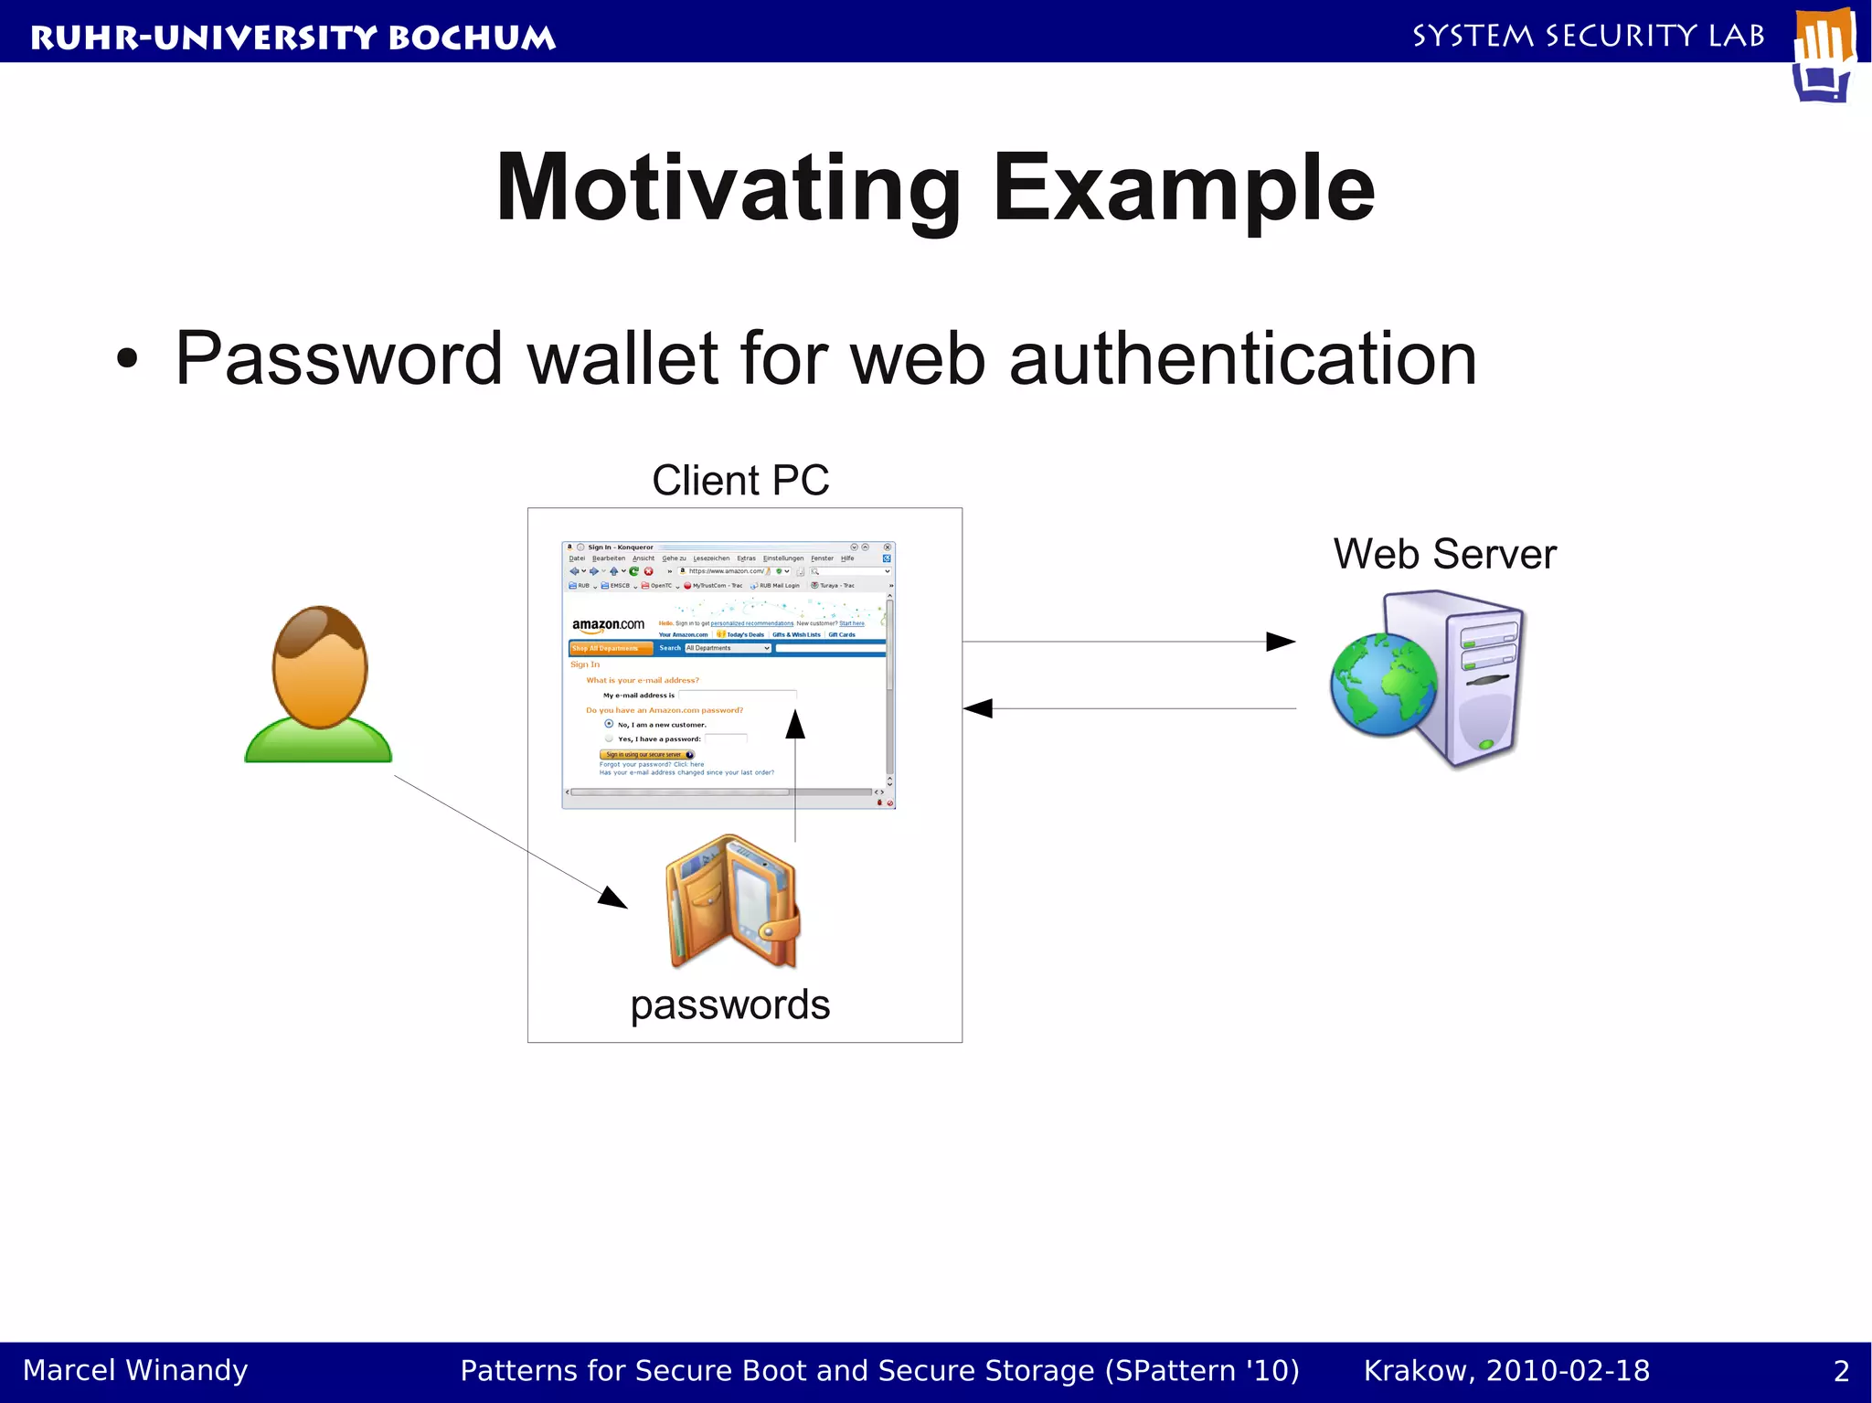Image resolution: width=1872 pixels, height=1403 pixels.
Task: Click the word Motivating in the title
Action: [728, 189]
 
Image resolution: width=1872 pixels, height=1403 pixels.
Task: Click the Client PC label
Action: [740, 481]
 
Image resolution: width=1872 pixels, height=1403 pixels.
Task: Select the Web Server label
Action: [1444, 554]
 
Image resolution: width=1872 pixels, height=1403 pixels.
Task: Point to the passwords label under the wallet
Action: [730, 1004]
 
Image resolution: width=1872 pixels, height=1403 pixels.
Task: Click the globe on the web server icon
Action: [1383, 686]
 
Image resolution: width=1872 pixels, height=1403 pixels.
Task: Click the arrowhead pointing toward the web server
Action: [1281, 642]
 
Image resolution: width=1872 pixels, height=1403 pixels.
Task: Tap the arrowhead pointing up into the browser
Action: [795, 725]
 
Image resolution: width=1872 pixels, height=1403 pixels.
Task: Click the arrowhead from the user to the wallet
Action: [613, 898]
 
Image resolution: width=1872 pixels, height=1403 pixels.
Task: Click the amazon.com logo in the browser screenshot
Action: [608, 625]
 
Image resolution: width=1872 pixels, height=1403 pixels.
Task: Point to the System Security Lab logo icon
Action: [1824, 55]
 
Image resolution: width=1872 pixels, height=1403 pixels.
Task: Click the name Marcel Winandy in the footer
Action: [135, 1370]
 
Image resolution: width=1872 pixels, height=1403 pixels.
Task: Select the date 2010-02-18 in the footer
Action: [1568, 1370]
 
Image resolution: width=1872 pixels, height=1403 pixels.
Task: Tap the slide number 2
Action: [1841, 1370]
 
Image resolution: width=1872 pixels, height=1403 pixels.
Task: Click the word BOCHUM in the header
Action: [472, 37]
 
